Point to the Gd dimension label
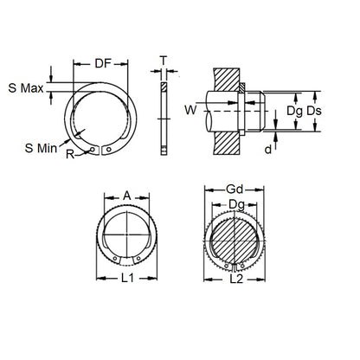coord(234,188)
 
